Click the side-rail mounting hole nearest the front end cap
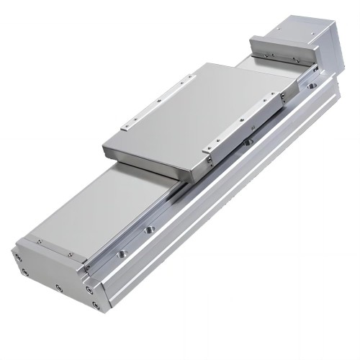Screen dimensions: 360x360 [123, 253]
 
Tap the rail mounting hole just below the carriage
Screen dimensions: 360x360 [247, 142]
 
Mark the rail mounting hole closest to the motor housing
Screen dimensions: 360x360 [311, 86]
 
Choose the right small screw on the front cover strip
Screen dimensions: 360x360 [70, 253]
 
